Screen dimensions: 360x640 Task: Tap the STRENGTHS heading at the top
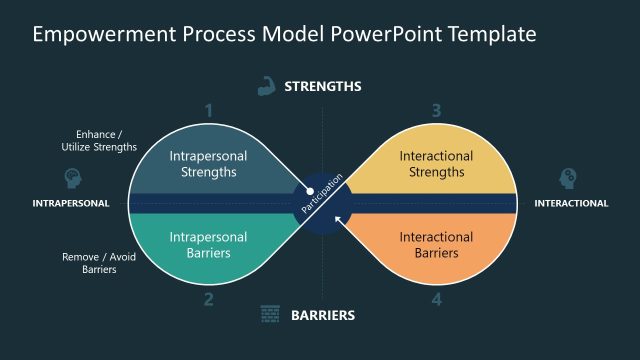coord(322,86)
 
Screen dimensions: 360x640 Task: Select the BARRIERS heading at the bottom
coord(322,316)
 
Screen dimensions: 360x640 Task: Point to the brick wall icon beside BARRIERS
coord(269,315)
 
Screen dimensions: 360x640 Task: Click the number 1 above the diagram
coord(209,110)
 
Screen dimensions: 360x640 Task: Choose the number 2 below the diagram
coord(209,298)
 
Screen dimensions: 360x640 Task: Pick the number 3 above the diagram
coord(436,110)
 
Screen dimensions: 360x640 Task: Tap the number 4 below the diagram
coord(436,298)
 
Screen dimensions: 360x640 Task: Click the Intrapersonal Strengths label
coord(203,164)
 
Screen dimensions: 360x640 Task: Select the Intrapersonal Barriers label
coord(203,245)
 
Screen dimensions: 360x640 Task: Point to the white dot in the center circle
coord(310,190)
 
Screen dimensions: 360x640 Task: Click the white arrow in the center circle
coord(339,219)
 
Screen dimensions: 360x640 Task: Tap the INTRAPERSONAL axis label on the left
coord(71,204)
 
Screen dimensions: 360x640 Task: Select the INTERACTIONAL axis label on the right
coord(571,204)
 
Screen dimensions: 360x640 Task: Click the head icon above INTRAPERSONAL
coord(72,178)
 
